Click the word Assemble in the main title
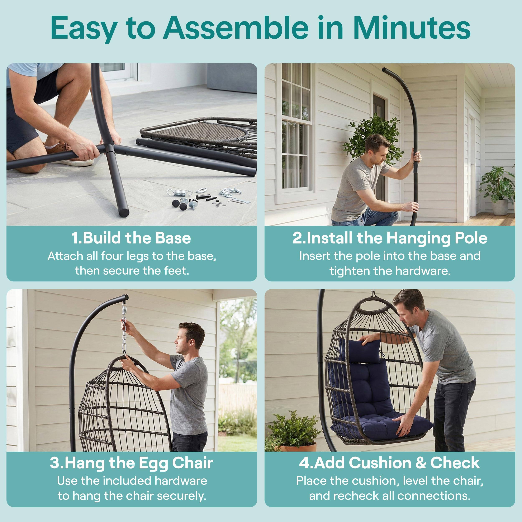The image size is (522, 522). (x=236, y=28)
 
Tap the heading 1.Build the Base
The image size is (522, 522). (x=131, y=238)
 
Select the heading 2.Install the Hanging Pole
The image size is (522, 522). (x=390, y=238)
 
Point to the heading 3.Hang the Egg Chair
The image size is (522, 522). (x=131, y=463)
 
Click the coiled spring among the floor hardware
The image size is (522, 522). (x=179, y=193)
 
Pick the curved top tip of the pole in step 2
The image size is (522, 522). (x=385, y=70)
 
